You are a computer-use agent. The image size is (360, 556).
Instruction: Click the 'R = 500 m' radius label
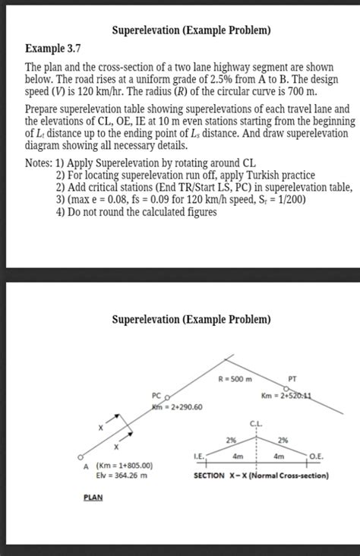click(235, 378)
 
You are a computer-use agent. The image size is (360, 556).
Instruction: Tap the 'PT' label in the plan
click(293, 378)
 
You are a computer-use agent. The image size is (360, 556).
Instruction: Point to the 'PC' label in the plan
click(156, 396)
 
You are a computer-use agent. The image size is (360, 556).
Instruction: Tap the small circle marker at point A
click(80, 456)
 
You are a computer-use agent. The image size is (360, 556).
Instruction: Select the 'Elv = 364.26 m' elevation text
click(122, 477)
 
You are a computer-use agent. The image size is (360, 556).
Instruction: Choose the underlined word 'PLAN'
click(93, 498)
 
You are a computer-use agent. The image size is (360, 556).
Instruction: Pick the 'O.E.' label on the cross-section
click(318, 456)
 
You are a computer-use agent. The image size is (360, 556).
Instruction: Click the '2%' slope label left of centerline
click(230, 440)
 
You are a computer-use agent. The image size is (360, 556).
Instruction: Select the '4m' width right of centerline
click(280, 456)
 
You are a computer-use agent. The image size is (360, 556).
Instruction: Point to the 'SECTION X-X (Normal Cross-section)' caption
click(261, 476)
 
